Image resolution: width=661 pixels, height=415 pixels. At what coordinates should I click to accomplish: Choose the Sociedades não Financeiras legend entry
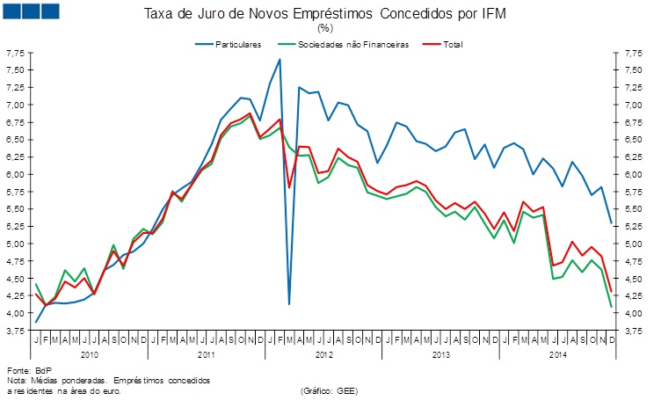(x=355, y=44)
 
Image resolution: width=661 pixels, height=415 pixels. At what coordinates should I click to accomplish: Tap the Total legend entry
(x=453, y=44)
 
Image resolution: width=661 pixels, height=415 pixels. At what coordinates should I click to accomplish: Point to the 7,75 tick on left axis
(x=14, y=54)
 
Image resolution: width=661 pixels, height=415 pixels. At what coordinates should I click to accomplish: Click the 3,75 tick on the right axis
(x=631, y=331)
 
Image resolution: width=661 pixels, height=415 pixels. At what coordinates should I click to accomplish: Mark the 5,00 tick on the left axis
(x=14, y=244)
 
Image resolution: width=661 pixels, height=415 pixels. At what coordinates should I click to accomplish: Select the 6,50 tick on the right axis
(x=631, y=140)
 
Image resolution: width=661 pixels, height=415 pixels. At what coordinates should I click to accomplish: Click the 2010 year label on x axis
(x=90, y=354)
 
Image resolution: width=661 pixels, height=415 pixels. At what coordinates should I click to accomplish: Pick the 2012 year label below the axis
(x=323, y=354)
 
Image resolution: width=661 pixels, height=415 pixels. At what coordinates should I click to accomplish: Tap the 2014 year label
(x=556, y=354)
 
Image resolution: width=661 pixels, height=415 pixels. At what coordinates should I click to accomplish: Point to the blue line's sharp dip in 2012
(x=289, y=303)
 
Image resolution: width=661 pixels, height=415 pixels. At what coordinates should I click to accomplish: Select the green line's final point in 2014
(x=610, y=307)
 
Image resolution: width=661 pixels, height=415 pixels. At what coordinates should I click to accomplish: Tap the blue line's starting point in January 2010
(x=36, y=322)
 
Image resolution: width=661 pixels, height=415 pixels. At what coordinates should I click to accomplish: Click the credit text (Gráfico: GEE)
(x=330, y=390)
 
